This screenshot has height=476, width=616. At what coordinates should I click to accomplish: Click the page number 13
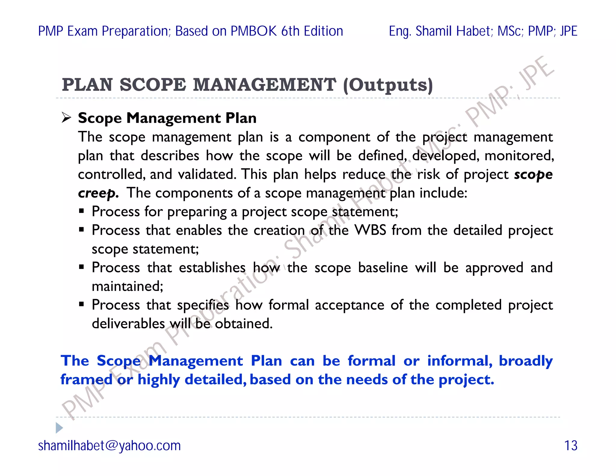coord(571,446)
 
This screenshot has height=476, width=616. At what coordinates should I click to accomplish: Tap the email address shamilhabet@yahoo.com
coord(109,446)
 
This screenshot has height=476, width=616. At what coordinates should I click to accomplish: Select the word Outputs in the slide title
coord(388,85)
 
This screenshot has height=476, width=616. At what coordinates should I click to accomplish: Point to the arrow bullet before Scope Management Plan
coord(66,117)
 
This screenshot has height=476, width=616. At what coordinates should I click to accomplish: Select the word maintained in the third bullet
coord(127,286)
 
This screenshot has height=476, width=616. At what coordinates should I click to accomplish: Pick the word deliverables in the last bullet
coord(128,324)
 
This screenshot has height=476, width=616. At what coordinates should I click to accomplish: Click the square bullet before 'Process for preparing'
coord(82,211)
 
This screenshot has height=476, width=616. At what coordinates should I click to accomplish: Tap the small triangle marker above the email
coord(59,428)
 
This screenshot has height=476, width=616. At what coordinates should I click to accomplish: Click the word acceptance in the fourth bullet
coord(350,305)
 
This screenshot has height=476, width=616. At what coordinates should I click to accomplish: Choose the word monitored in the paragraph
coord(519,156)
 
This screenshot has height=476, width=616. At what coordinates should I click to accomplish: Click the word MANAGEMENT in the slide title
coord(264,85)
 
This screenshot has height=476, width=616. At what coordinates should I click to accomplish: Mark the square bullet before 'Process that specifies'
coord(82,304)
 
